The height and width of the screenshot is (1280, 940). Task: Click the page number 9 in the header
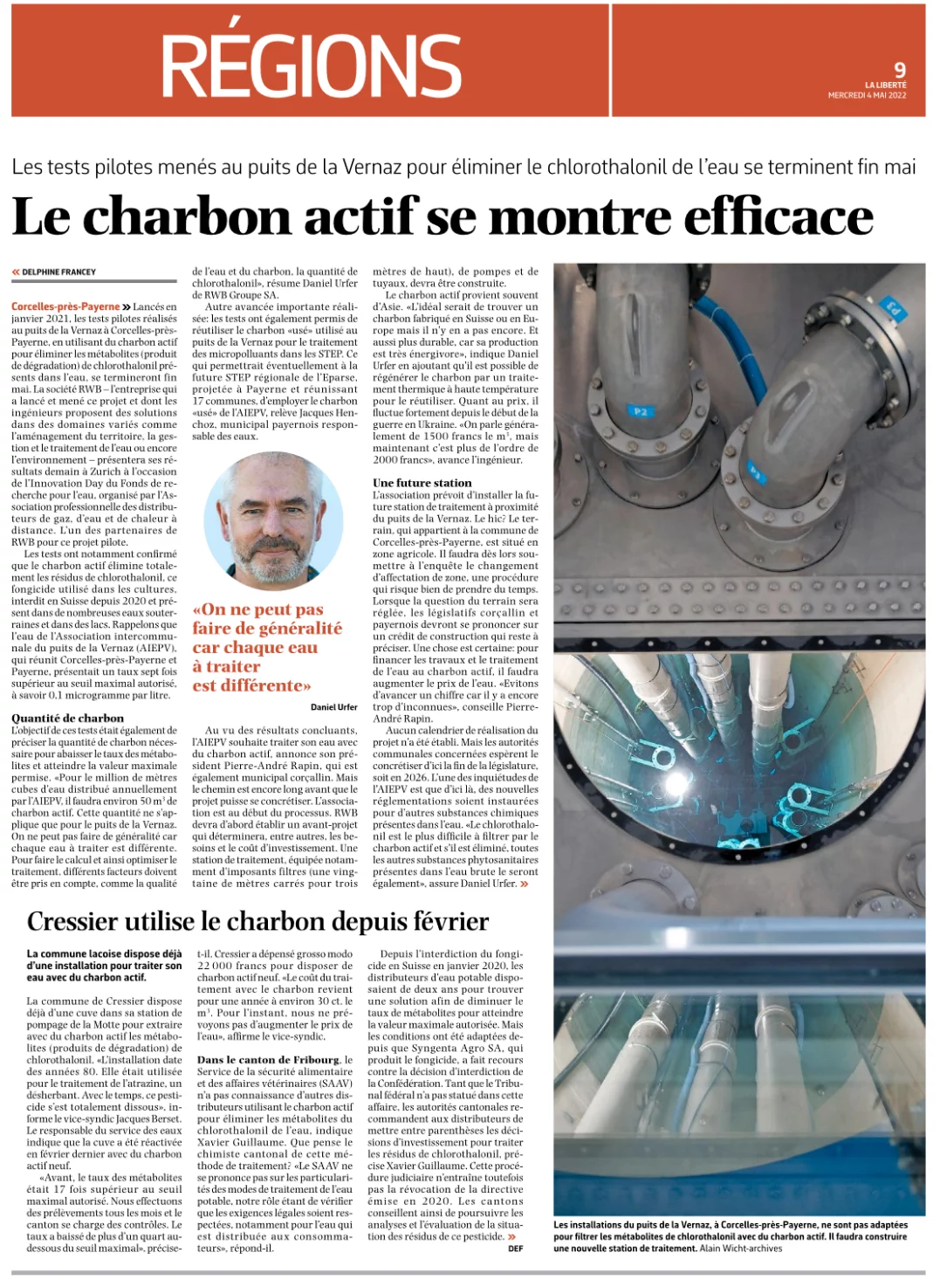[899, 69]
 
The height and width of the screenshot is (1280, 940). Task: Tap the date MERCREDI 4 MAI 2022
[867, 95]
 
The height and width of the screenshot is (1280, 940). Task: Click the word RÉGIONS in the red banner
[312, 65]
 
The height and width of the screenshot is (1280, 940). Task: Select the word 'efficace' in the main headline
[778, 216]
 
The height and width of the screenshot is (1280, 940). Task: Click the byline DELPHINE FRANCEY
[58, 272]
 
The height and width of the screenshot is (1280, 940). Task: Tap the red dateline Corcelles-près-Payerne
[65, 306]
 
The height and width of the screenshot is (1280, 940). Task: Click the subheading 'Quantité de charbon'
[67, 718]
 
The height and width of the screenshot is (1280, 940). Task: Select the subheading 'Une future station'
[422, 482]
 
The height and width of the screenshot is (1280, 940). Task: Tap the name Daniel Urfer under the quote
[334, 706]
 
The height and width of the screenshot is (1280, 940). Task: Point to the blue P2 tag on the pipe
[640, 410]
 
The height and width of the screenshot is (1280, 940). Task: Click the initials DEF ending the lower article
[515, 1249]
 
